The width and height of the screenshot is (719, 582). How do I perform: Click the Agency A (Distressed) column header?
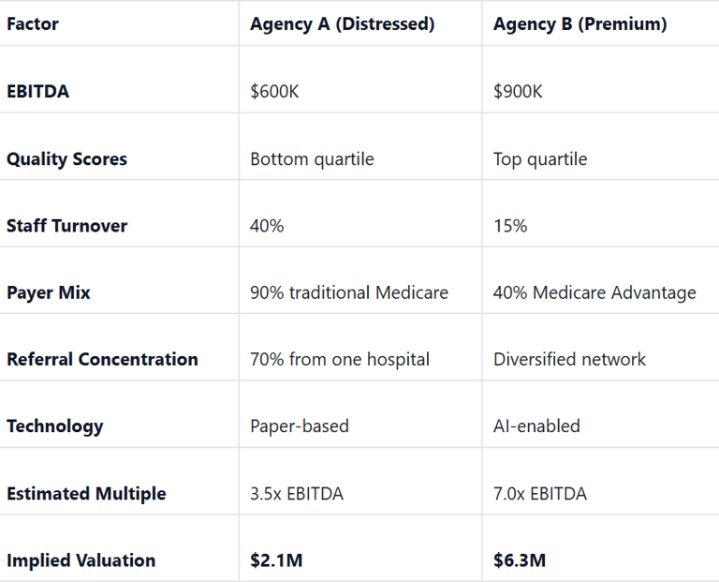coord(342,24)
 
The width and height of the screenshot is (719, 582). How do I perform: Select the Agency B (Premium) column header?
coord(580,24)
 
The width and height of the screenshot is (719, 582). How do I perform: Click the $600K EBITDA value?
coord(274,92)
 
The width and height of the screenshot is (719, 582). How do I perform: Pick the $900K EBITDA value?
coord(518,92)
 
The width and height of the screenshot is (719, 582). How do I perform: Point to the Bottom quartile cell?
coord(312,159)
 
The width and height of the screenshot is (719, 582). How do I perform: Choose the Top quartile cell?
coord(540,159)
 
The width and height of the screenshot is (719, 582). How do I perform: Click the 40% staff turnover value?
coord(267,226)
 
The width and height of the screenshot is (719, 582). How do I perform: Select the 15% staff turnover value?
coord(510,226)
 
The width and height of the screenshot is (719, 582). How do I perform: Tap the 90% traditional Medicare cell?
coord(349,293)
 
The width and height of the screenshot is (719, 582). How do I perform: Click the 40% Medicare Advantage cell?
coord(594,293)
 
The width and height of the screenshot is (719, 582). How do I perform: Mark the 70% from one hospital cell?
coord(340,360)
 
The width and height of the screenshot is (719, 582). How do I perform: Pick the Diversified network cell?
coord(569,360)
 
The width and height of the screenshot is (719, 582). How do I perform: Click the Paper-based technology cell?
coord(300,426)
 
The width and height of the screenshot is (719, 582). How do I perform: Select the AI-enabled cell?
coord(536,426)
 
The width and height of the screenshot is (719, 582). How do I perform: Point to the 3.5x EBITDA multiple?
coord(297,494)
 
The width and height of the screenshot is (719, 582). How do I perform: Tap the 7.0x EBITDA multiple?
coord(540,494)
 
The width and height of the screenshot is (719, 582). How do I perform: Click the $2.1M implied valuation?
coord(276,561)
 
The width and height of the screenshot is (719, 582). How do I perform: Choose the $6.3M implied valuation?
coord(520,561)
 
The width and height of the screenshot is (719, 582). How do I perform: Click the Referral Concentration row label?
coord(102,360)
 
